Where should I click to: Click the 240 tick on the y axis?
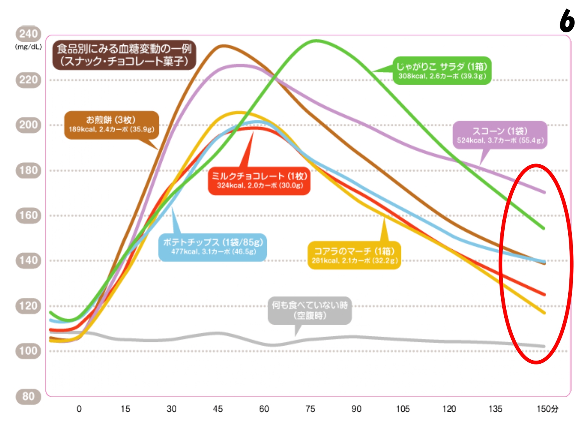pyautogui.click(x=28, y=34)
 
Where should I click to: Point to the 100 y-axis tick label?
pyautogui.click(x=28, y=351)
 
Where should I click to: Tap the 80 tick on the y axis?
pyautogui.click(x=28, y=396)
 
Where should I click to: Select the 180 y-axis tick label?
pyautogui.click(x=28, y=171)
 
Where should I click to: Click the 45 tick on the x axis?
pyautogui.click(x=218, y=409)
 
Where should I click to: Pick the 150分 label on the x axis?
pyautogui.click(x=547, y=409)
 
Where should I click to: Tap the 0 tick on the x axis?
pyautogui.click(x=79, y=409)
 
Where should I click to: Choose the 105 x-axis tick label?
pyautogui.click(x=402, y=409)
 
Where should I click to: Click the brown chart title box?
pyautogui.click(x=124, y=55)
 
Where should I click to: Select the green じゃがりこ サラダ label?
pyautogui.click(x=441, y=71)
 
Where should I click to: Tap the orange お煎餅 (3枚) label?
pyautogui.click(x=112, y=124)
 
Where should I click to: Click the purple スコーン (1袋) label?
pyautogui.click(x=500, y=135)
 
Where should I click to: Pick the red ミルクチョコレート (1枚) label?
pyautogui.click(x=259, y=180)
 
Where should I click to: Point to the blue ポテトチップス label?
pyautogui.click(x=213, y=247)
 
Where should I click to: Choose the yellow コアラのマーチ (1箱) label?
pyautogui.click(x=354, y=255)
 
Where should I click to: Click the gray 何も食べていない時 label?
pyautogui.click(x=310, y=310)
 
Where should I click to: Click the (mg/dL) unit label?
pyautogui.click(x=28, y=47)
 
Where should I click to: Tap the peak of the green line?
pyautogui.click(x=316, y=40)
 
